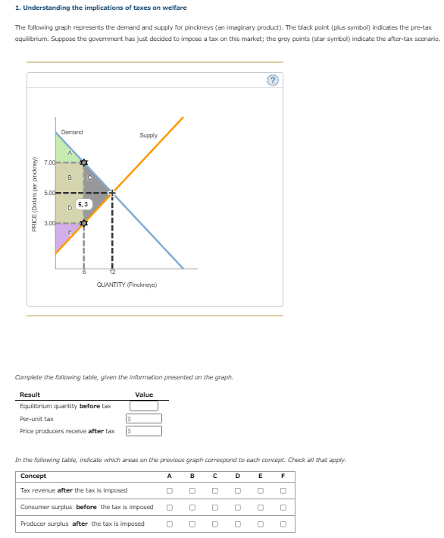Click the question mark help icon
click(272, 80)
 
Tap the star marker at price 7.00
click(83, 163)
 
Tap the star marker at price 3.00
click(83, 223)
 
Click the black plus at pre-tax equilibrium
click(112, 193)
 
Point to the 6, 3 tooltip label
click(83, 204)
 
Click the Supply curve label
click(149, 135)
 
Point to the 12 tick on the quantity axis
click(111, 272)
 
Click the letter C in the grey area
click(90, 178)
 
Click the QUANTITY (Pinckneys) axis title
click(127, 285)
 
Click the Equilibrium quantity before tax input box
click(145, 406)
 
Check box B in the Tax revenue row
click(192, 490)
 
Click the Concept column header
click(33, 476)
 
